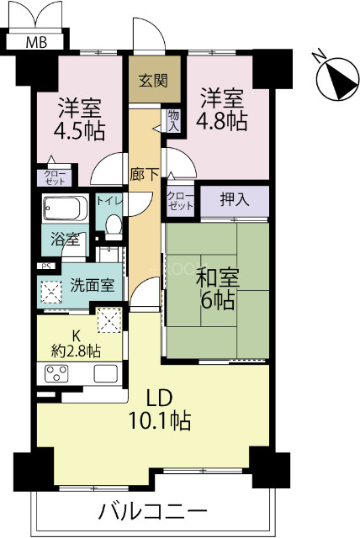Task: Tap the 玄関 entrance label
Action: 153,81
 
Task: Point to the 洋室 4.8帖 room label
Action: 223,109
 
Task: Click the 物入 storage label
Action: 174,121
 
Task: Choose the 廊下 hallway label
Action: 144,175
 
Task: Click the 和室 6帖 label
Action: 216,287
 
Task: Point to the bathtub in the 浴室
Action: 66,208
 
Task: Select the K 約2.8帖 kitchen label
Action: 77,340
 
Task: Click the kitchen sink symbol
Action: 105,372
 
